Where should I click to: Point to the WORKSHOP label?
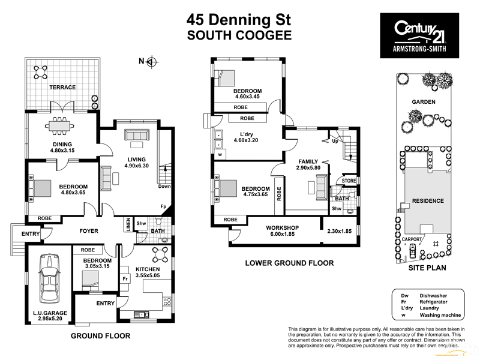(x=282, y=228)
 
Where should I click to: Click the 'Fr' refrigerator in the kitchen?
(x=126, y=278)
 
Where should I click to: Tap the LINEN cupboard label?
(x=128, y=224)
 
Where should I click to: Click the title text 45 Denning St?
(x=239, y=19)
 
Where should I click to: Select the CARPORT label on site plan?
(x=412, y=239)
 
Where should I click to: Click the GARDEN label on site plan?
(x=424, y=102)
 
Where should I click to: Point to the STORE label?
(x=349, y=180)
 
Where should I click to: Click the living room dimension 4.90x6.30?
(x=136, y=166)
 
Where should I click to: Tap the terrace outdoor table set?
(x=42, y=72)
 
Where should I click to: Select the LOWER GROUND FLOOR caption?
(x=289, y=263)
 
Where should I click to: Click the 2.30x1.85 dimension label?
(x=339, y=232)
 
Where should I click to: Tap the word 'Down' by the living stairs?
(x=164, y=187)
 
